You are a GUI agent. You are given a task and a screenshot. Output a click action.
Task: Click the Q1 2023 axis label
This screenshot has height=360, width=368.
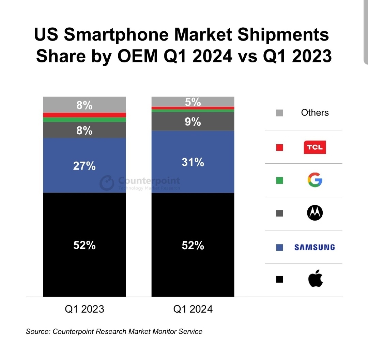tap(85, 309)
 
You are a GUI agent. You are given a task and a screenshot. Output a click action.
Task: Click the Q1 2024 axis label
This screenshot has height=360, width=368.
tap(193, 309)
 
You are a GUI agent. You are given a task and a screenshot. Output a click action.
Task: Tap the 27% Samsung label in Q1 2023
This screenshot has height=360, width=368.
tap(85, 166)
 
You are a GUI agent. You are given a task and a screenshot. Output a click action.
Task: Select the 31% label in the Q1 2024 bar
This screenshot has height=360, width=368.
tap(193, 162)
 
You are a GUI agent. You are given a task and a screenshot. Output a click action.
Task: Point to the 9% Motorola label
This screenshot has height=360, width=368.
tap(193, 122)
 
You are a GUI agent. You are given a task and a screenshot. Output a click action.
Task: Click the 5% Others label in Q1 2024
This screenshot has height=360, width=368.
tap(193, 102)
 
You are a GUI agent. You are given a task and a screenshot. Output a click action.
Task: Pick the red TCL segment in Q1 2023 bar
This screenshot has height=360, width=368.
tap(85, 115)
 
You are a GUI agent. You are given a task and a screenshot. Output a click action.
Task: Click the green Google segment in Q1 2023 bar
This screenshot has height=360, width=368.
tap(85, 120)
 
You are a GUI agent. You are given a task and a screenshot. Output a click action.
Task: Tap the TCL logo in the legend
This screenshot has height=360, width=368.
tap(315, 148)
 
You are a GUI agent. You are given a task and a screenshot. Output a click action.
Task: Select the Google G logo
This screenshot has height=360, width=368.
tap(315, 180)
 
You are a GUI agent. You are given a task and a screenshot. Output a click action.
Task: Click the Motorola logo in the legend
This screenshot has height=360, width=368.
tap(315, 213)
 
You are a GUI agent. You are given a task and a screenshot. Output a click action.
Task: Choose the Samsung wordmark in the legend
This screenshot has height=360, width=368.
tap(315, 247)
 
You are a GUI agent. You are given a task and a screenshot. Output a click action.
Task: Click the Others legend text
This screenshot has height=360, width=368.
tap(315, 113)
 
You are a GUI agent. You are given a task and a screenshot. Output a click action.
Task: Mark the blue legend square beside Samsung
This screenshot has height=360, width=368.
tap(280, 247)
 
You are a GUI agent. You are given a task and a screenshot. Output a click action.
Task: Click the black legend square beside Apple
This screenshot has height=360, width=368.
tap(280, 280)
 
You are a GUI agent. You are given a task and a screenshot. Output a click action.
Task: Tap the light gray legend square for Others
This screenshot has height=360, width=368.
tap(280, 113)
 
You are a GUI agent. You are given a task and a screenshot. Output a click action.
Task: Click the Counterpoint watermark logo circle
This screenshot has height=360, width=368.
tap(107, 183)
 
